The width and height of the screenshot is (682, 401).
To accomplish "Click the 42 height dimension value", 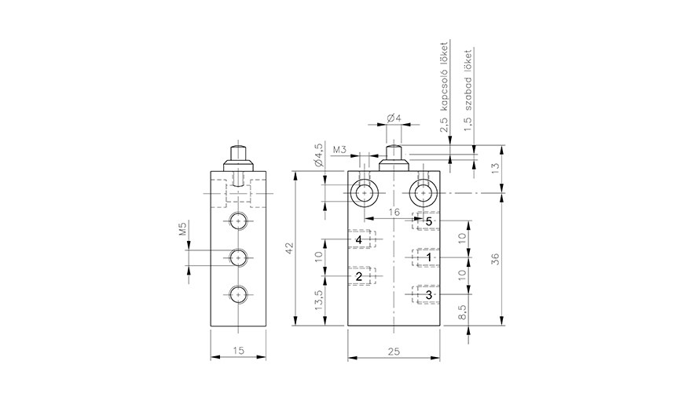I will (289, 248).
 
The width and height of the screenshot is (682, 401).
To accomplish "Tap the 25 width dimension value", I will (393, 353).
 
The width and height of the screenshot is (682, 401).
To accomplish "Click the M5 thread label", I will (181, 228).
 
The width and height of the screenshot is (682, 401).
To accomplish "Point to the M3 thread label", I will (340, 148).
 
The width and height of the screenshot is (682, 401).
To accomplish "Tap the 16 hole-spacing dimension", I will (394, 212).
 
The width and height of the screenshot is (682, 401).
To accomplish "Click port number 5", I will (428, 221).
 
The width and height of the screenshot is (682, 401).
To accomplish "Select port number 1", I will (428, 257).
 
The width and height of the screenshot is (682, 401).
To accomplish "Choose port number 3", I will (428, 295).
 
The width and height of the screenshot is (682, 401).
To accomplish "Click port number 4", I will (358, 239).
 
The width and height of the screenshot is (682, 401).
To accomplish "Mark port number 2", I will (358, 276).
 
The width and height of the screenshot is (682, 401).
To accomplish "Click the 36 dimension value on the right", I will (494, 259).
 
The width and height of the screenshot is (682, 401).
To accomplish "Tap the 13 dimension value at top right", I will (494, 168).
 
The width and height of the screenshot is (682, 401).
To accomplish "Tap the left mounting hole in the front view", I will (365, 192).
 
